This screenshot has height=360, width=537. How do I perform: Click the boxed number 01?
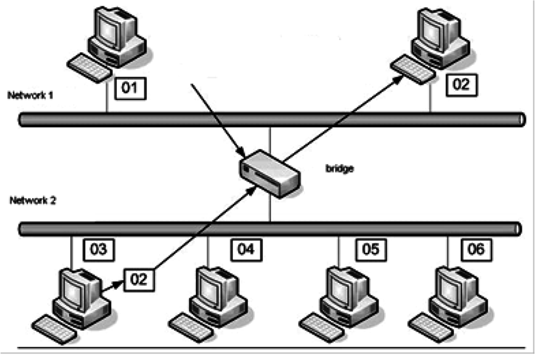coord(130,88)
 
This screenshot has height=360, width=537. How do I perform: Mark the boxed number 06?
coord(476,248)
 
